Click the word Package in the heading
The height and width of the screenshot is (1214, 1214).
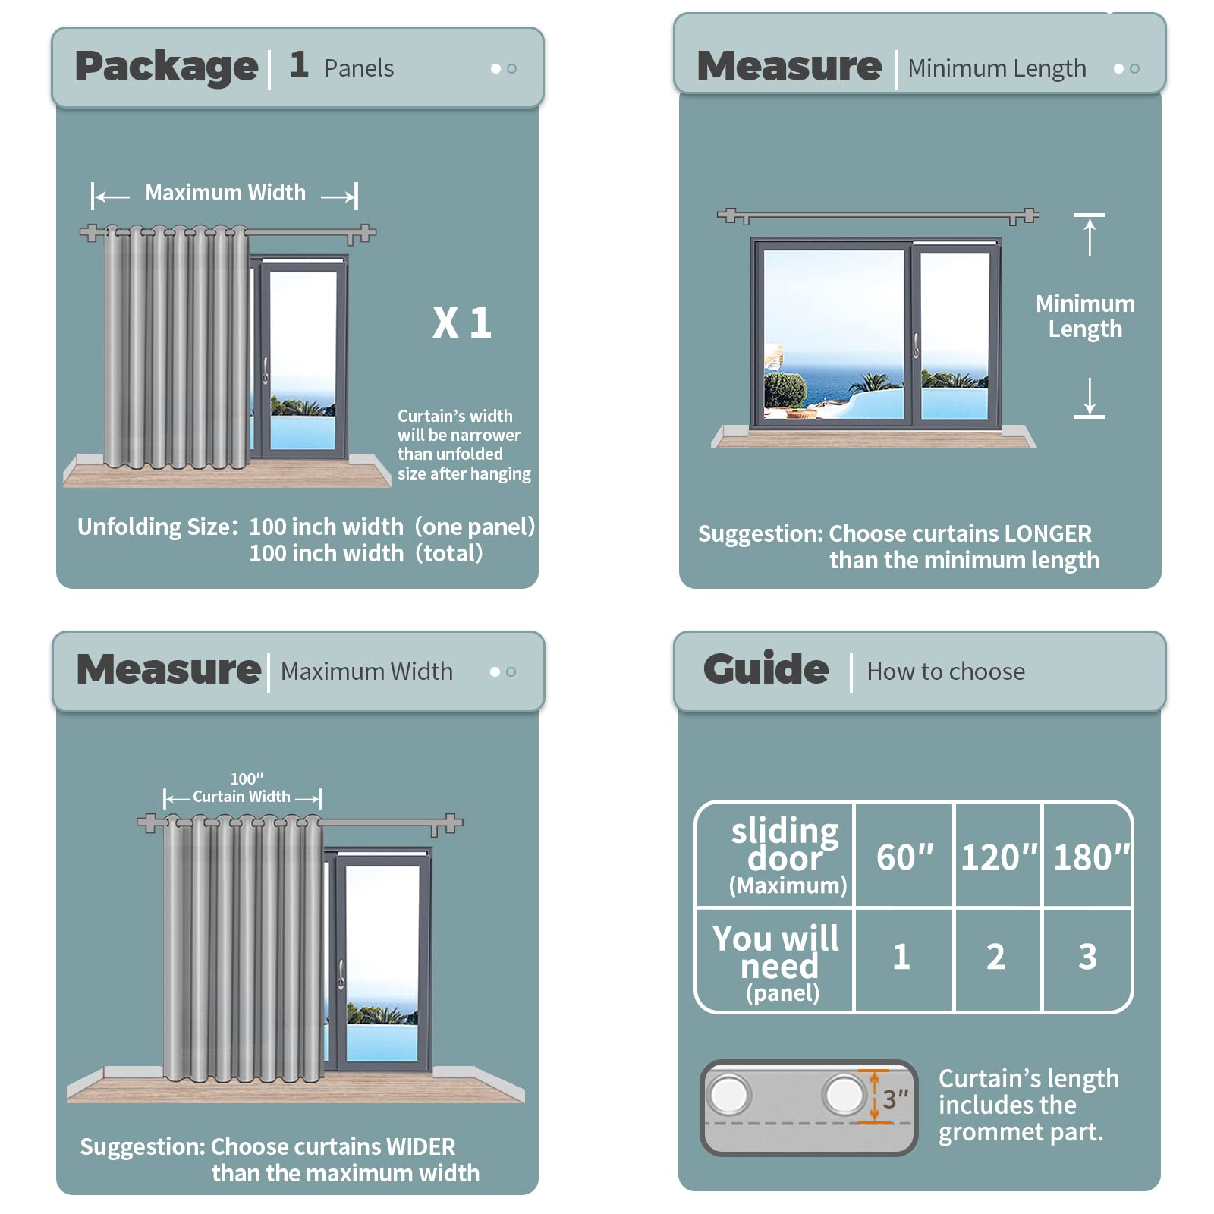coord(166,68)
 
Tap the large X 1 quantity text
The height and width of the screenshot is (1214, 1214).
coord(462,322)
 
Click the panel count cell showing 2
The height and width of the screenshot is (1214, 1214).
coord(995,957)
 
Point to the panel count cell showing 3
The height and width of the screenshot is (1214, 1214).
coord(1087,957)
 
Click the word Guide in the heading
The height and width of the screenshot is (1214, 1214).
coord(766,669)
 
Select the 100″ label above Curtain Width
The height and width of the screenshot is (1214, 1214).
coord(247,779)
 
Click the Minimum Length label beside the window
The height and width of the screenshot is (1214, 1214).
coord(1086,316)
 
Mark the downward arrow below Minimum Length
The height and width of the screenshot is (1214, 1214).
coord(1090,398)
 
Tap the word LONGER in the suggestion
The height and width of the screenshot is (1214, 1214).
coord(1048,533)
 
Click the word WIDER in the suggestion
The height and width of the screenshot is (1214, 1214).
coord(420,1146)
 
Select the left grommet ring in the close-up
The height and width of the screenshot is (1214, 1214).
coord(729,1095)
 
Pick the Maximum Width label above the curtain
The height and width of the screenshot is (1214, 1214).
coord(225,193)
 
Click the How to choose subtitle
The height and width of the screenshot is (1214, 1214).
coord(945,671)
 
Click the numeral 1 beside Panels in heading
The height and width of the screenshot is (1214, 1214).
coord(299,64)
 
